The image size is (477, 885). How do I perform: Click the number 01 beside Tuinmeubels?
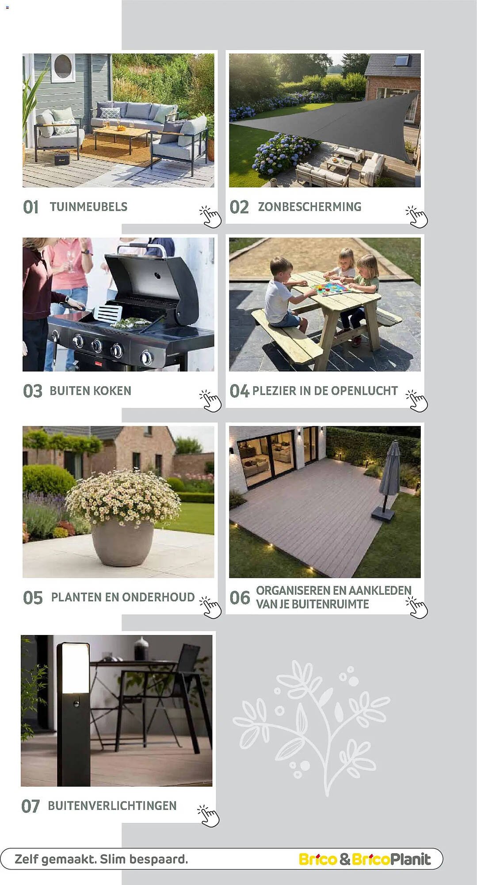[31, 207]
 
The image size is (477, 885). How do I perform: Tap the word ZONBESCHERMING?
[309, 207]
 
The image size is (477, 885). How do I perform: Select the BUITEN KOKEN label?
[90, 391]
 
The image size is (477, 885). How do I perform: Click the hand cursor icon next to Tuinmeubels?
[210, 216]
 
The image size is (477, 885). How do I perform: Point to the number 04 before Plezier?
[239, 391]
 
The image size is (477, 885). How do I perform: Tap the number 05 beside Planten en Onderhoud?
[33, 598]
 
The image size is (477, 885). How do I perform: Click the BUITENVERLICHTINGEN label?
[112, 806]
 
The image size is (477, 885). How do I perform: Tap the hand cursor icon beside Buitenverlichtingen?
[208, 816]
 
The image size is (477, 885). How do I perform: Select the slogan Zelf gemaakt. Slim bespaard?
[101, 859]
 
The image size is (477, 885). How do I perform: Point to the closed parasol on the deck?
[390, 473]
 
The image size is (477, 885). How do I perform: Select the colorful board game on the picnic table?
[331, 289]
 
